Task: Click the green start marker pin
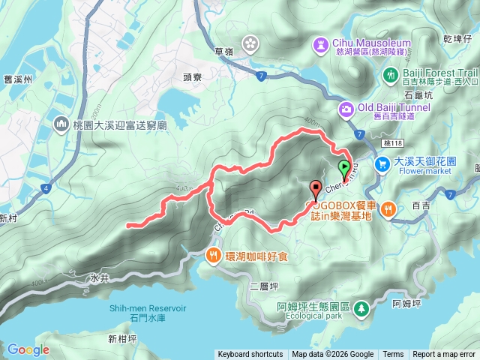(344, 168)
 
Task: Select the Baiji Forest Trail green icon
(390, 74)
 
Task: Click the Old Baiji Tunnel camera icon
(346, 109)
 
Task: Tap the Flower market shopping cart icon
(382, 162)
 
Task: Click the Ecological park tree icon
(361, 307)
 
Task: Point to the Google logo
(28, 349)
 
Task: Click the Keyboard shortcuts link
(250, 355)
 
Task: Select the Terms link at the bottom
(393, 355)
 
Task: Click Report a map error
(444, 355)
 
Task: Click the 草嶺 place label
(223, 51)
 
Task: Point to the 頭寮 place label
(193, 76)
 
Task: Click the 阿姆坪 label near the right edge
(406, 303)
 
